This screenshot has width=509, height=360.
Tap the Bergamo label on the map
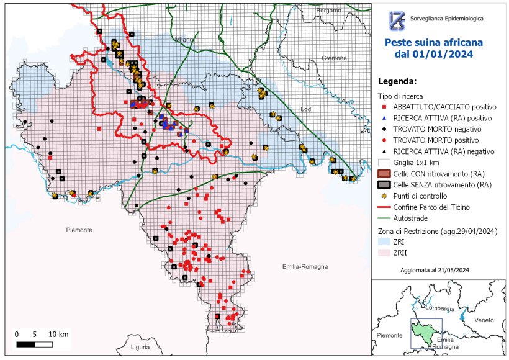pyautogui.click(x=328, y=11)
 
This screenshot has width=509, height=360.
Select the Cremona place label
pyautogui.click(x=335, y=58)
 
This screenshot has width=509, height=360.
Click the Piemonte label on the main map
pyautogui.click(x=79, y=230)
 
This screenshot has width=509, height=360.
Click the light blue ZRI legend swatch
pyautogui.click(x=385, y=242)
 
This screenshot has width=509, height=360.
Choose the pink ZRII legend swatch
pyautogui.click(x=385, y=253)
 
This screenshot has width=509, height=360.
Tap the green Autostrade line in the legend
pyautogui.click(x=385, y=217)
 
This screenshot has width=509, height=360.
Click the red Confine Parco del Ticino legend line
pyautogui.click(x=385, y=206)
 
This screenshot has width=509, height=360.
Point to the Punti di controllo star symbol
pyautogui.click(x=385, y=196)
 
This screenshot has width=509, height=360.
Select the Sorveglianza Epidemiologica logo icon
pyautogui.click(x=397, y=20)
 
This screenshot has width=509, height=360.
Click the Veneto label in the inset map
pyautogui.click(x=484, y=320)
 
